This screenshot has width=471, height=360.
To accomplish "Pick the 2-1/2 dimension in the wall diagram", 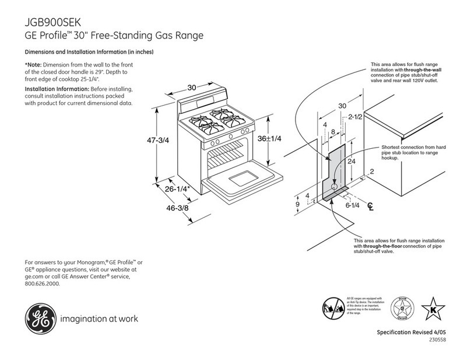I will coord(356,118).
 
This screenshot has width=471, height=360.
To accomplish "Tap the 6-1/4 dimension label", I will coord(352,205).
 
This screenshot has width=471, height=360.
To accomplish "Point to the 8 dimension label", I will coord(333,132).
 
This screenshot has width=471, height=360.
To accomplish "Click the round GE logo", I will coord(38,319).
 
